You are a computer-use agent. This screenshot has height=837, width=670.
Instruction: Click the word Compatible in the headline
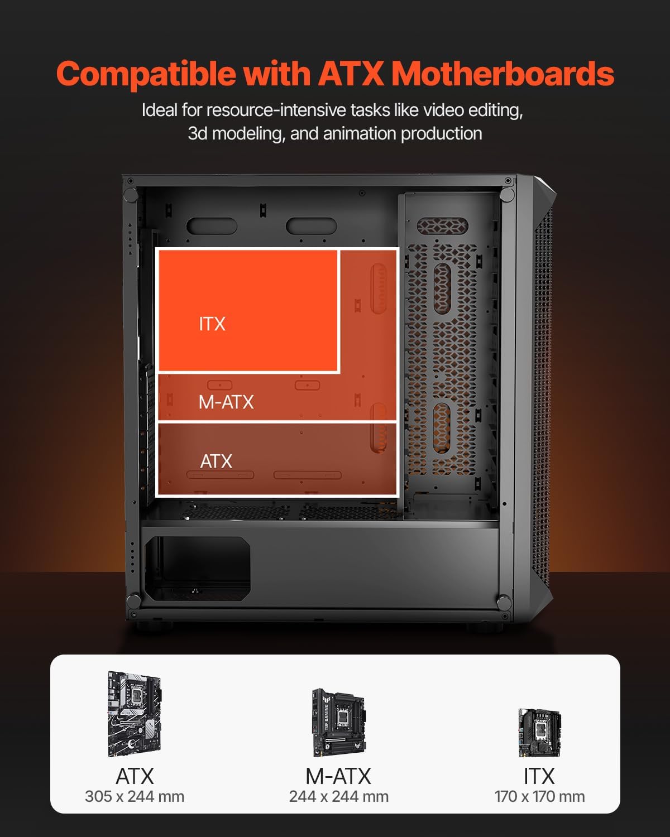click(x=146, y=74)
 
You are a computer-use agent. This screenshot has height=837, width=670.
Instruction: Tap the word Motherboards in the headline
click(x=502, y=74)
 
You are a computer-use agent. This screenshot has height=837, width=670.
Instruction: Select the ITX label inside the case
click(x=212, y=324)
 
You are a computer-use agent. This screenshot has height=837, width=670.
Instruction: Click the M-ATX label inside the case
click(x=226, y=402)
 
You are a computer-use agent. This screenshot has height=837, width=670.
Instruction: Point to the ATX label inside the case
click(x=216, y=461)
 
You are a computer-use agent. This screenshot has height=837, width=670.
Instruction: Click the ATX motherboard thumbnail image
click(x=135, y=714)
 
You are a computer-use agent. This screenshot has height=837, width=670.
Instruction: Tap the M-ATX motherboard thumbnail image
click(x=338, y=722)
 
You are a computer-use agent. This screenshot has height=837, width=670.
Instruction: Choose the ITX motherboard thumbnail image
click(x=539, y=732)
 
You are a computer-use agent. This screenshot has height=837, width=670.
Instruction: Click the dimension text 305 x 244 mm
click(x=135, y=796)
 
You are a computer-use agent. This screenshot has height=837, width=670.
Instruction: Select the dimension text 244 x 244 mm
click(x=338, y=796)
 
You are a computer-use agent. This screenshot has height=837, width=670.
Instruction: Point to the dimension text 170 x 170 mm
click(x=539, y=796)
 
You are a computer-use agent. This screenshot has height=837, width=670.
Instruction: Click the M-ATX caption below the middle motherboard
click(x=338, y=776)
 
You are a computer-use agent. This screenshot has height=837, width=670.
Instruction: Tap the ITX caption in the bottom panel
click(x=539, y=776)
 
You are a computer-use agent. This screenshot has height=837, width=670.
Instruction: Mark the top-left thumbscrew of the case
click(x=130, y=195)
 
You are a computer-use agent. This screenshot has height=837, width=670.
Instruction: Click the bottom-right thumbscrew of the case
click(x=504, y=602)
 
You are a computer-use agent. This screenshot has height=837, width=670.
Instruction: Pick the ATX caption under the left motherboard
click(x=135, y=776)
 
